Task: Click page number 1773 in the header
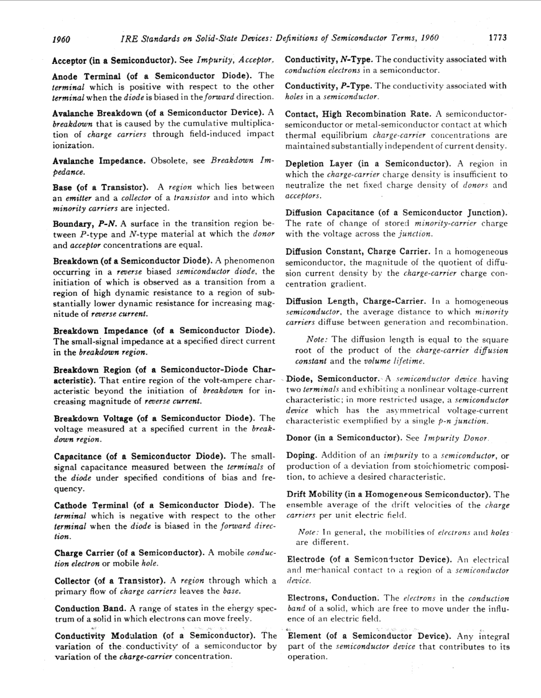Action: (x=497, y=39)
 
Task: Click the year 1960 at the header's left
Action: (x=61, y=40)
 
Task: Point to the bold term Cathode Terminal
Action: (x=91, y=505)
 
